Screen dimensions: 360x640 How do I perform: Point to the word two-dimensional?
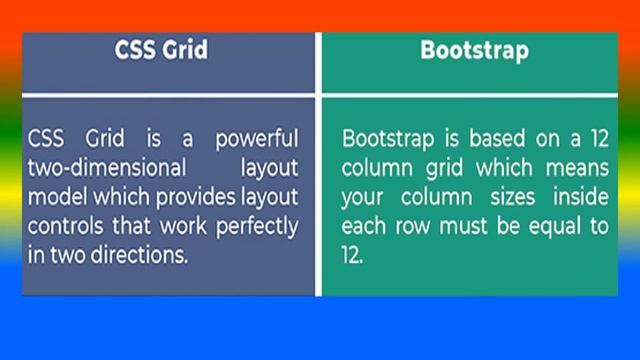pyautogui.click(x=95, y=164)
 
